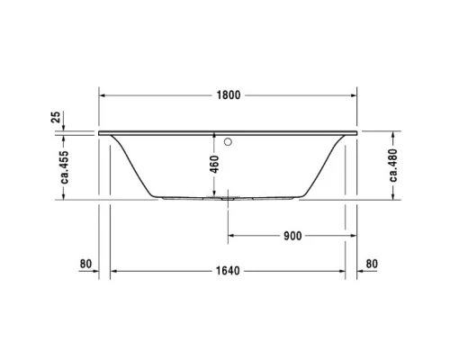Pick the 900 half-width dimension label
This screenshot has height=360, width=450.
[x=292, y=236]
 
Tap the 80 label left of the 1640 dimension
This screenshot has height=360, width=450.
[x=85, y=264]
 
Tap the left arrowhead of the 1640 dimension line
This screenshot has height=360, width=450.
[x=113, y=271]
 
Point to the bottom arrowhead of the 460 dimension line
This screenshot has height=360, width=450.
[x=214, y=195]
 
